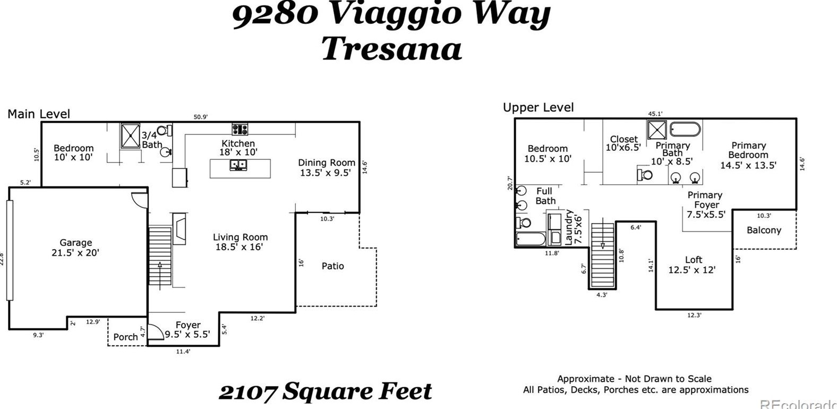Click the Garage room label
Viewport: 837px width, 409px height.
coord(75,248)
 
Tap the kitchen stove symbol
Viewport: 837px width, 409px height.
coord(240,129)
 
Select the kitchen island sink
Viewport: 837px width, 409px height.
coord(238,165)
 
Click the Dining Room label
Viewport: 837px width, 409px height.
coord(326,167)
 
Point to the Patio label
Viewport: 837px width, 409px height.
coord(332,266)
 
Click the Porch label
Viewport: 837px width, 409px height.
coord(125,337)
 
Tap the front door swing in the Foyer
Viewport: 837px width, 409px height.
coord(155,332)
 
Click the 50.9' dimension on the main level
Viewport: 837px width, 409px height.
coord(200,117)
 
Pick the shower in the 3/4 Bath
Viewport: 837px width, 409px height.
coord(130,135)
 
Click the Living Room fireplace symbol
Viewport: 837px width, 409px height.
coord(180,228)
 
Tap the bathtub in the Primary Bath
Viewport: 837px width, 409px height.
coord(685,130)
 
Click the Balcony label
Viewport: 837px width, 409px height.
coord(764,230)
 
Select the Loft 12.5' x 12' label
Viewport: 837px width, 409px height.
coord(691,265)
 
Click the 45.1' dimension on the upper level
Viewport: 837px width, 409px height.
coord(655,114)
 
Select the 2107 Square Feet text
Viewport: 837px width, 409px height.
coord(325,391)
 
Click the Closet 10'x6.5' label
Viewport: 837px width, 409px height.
coord(623,143)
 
